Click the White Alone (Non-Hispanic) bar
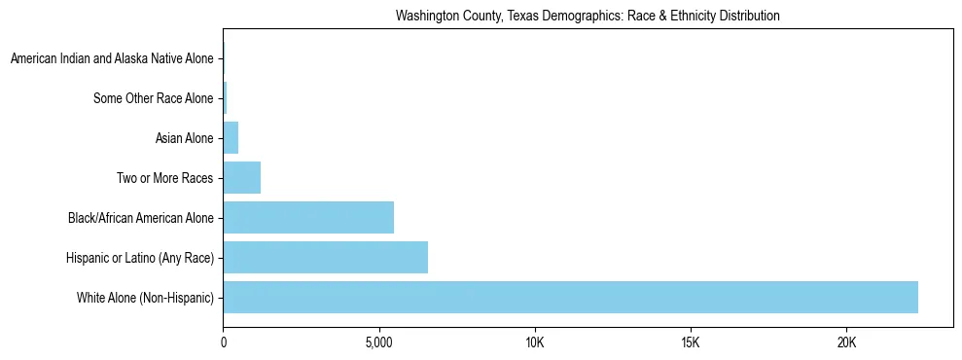tap(570, 298)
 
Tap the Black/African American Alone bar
tap(308, 218)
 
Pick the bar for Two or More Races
tap(241, 178)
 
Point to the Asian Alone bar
tap(231, 138)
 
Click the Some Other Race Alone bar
tap(225, 98)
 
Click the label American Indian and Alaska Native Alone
tap(112, 59)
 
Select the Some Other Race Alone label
tap(153, 98)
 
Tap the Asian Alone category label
tap(184, 138)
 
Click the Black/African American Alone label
tap(141, 218)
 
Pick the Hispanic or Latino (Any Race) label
tap(141, 258)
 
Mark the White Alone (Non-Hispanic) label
tap(145, 298)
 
